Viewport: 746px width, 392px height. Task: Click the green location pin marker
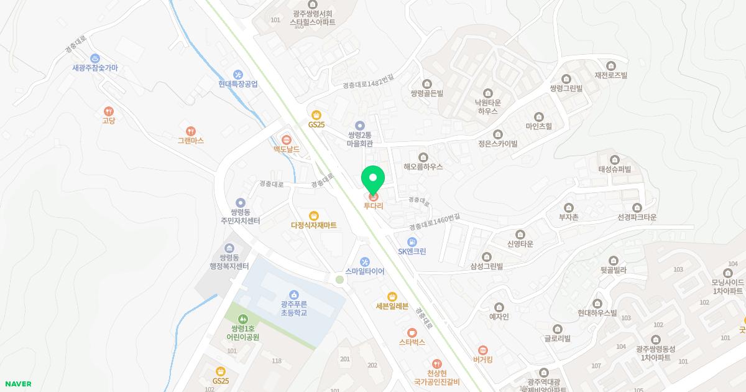[x=373, y=179]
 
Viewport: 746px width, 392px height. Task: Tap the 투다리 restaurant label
[x=373, y=206]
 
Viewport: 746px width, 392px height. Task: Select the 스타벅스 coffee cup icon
[x=412, y=332]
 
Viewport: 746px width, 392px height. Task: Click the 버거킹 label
[x=482, y=360]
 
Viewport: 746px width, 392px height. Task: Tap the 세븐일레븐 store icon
[x=392, y=296]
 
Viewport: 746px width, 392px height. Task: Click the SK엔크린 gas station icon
[x=412, y=241]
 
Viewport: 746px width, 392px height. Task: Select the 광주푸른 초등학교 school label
[x=294, y=308]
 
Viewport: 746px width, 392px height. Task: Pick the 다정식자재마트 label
[x=313, y=225]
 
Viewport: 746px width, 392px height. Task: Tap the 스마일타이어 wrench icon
[x=365, y=261]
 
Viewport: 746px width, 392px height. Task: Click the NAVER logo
[x=17, y=384]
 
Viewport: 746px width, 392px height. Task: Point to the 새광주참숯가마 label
[x=95, y=68]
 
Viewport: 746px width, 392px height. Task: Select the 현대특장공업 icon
[x=237, y=75]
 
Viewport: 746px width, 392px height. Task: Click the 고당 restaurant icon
[x=109, y=111]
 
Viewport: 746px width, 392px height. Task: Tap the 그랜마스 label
[x=190, y=141]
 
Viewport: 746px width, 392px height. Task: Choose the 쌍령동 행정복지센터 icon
[x=229, y=248]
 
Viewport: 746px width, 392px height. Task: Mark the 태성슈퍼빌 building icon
[x=614, y=159]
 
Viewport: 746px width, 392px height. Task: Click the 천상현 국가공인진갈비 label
[x=436, y=377]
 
